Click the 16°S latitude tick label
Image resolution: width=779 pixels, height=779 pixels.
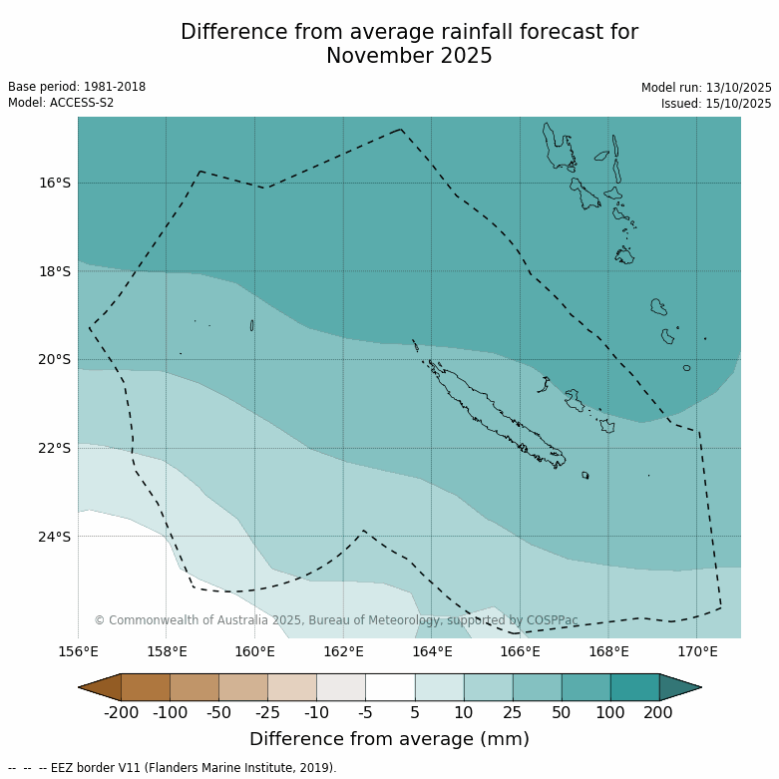pyautogui.click(x=55, y=183)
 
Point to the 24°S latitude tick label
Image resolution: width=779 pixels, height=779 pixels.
pyautogui.click(x=55, y=537)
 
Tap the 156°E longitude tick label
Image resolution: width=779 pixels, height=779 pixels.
pyautogui.click(x=78, y=652)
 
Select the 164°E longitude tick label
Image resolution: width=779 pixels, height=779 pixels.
pyautogui.click(x=432, y=652)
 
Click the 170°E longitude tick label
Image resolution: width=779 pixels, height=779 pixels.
pyautogui.click(x=697, y=652)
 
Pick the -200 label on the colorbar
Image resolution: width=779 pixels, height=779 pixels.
pyautogui.click(x=121, y=712)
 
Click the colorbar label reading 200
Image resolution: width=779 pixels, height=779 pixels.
pyautogui.click(x=658, y=712)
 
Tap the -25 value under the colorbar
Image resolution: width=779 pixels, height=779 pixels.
pyautogui.click(x=267, y=712)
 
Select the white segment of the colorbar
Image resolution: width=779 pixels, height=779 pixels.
pyautogui.click(x=390, y=687)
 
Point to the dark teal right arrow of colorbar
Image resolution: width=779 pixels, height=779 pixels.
pyautogui.click(x=680, y=687)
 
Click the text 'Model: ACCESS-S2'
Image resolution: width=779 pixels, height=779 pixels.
pyautogui.click(x=61, y=103)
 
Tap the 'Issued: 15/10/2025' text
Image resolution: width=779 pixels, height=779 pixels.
pyautogui.click(x=716, y=104)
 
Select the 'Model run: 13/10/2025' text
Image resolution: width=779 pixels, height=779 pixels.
pyautogui.click(x=706, y=88)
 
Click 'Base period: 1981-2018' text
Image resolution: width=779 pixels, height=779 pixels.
pyautogui.click(x=77, y=87)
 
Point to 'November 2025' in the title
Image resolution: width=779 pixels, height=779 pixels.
pyautogui.click(x=409, y=57)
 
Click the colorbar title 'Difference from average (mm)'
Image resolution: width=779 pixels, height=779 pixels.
pyautogui.click(x=389, y=739)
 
